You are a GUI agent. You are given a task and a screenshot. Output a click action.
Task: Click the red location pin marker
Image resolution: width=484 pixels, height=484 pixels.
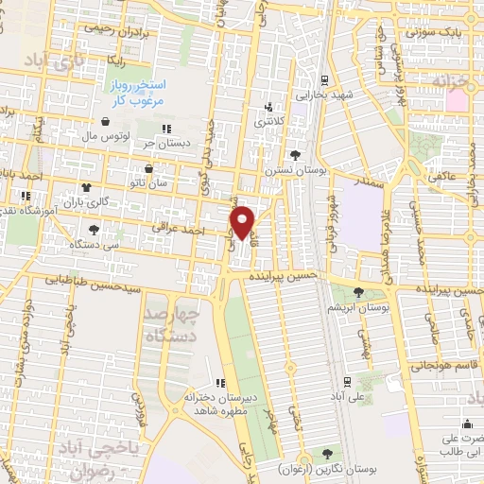click(x=244, y=222)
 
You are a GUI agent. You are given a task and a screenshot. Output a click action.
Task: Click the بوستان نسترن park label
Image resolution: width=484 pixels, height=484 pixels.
click(x=288, y=170)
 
